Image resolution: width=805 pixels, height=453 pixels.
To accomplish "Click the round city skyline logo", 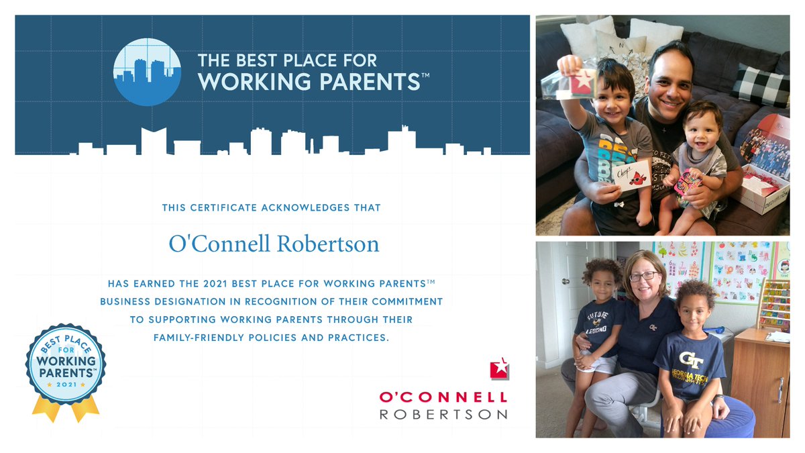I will tap(147, 72).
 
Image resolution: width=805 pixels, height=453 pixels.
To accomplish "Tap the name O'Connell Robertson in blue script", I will tap(274, 244).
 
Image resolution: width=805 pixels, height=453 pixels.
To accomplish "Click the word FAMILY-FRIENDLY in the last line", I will tap(205, 338).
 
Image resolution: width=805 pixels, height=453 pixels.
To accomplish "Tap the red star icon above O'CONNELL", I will tap(499, 368).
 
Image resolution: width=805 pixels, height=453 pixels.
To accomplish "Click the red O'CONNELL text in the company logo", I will tap(443, 397).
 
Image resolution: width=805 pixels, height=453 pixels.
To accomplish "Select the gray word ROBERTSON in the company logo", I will tap(443, 414).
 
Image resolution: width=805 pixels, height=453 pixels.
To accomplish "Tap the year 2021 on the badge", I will tap(66, 385).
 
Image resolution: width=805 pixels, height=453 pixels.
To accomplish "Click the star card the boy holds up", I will tap(581, 82).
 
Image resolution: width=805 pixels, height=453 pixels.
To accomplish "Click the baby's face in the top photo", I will tap(700, 128).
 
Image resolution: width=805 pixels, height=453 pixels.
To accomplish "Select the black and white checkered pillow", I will tap(761, 86).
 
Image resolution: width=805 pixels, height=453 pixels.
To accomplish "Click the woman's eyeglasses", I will tap(644, 276).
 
